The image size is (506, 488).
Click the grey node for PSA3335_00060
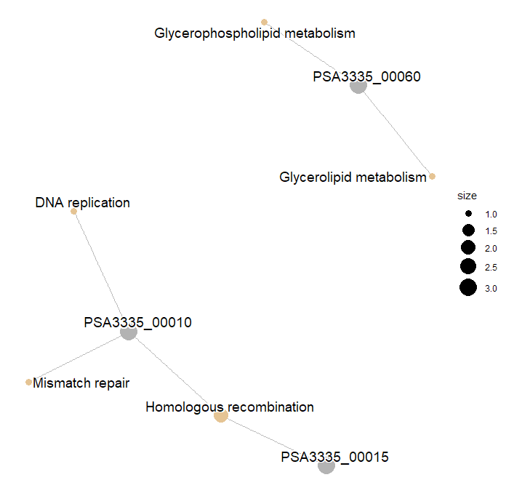(x=358, y=85)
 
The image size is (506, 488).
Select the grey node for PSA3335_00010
(x=129, y=332)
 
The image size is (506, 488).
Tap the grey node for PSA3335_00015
(x=326, y=466)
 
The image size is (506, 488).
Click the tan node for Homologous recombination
(x=221, y=415)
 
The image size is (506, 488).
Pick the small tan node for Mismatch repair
(x=28, y=382)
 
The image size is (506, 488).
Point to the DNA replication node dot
(x=74, y=212)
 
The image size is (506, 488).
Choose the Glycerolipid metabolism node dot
(x=432, y=177)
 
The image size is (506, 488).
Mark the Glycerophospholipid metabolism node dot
(x=264, y=22)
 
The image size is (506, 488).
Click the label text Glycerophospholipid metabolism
(x=254, y=33)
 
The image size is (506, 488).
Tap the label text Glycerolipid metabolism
(x=353, y=177)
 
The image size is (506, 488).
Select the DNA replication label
(x=82, y=202)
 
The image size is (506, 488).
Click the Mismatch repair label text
(x=81, y=383)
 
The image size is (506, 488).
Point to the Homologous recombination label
(x=230, y=407)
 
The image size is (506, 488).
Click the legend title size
(x=467, y=196)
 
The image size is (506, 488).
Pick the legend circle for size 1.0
(x=467, y=215)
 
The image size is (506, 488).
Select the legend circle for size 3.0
(x=467, y=288)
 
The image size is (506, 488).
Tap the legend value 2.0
(x=491, y=249)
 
